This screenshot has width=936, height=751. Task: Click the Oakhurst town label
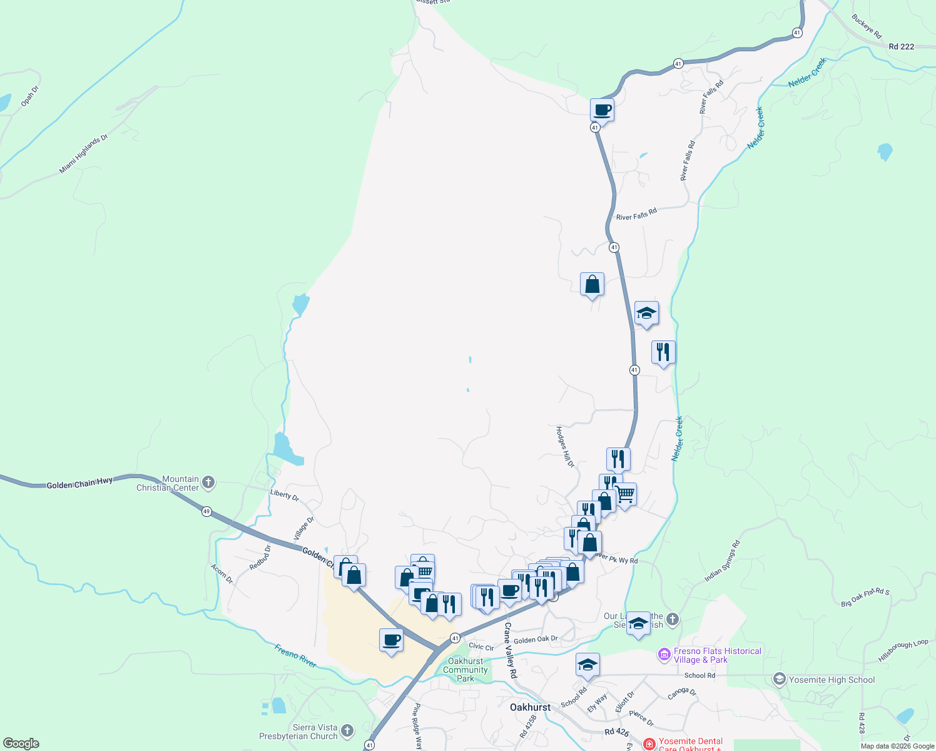pyautogui.click(x=530, y=707)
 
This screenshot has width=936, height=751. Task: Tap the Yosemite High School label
pyautogui.click(x=832, y=680)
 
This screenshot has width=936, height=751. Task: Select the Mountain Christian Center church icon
pyautogui.click(x=208, y=483)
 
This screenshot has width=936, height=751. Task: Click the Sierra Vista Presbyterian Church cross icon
pyautogui.click(x=347, y=730)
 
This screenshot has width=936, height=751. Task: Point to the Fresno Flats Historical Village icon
pyautogui.click(x=664, y=655)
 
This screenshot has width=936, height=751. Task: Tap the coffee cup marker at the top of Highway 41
pyautogui.click(x=602, y=111)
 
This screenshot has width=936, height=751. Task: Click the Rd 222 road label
pyautogui.click(x=901, y=46)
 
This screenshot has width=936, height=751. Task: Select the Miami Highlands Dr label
pyautogui.click(x=83, y=154)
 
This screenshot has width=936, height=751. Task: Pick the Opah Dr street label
pyautogui.click(x=29, y=96)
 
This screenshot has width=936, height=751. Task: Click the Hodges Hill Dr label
pyautogui.click(x=565, y=447)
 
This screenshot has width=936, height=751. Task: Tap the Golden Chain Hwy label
pyautogui.click(x=79, y=483)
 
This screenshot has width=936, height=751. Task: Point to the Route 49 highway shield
pyautogui.click(x=206, y=512)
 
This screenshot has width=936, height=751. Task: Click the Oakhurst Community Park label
pyautogui.click(x=465, y=670)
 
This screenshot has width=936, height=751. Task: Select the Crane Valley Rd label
pyautogui.click(x=511, y=650)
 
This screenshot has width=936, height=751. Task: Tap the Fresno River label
pyautogui.click(x=295, y=655)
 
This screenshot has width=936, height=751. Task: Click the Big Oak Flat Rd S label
pyautogui.click(x=865, y=598)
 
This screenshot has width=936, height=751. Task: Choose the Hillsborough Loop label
pyautogui.click(x=903, y=650)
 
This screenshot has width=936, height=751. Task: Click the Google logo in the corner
pyautogui.click(x=21, y=743)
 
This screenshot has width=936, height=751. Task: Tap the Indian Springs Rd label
pyautogui.click(x=722, y=561)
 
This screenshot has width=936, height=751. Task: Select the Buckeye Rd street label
pyautogui.click(x=867, y=26)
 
